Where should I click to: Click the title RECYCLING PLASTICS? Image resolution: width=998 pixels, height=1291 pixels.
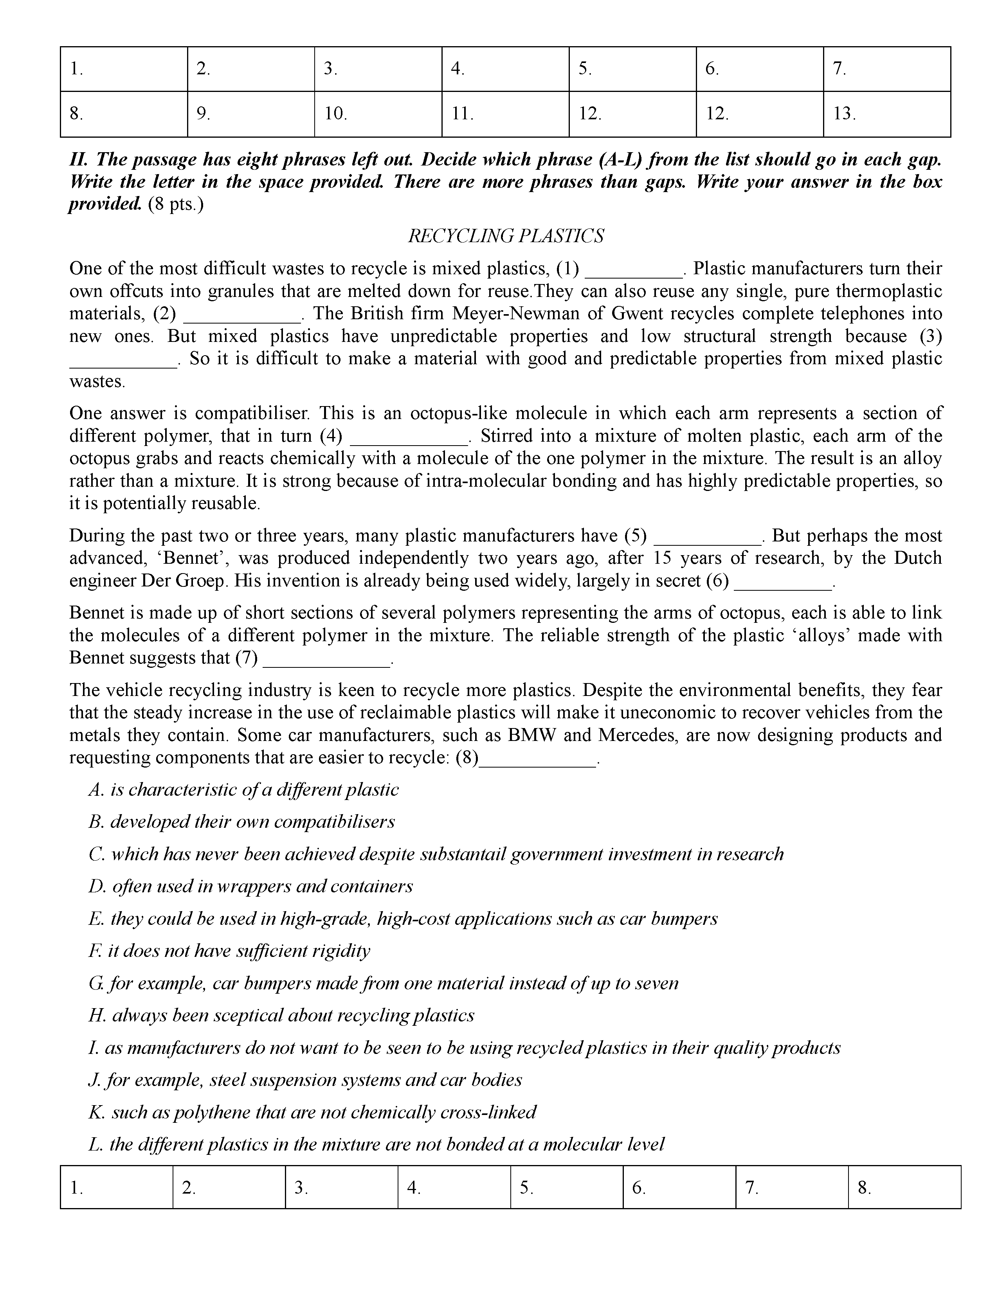coord(506,236)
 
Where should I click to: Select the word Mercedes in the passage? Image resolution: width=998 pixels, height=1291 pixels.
coord(641,735)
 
